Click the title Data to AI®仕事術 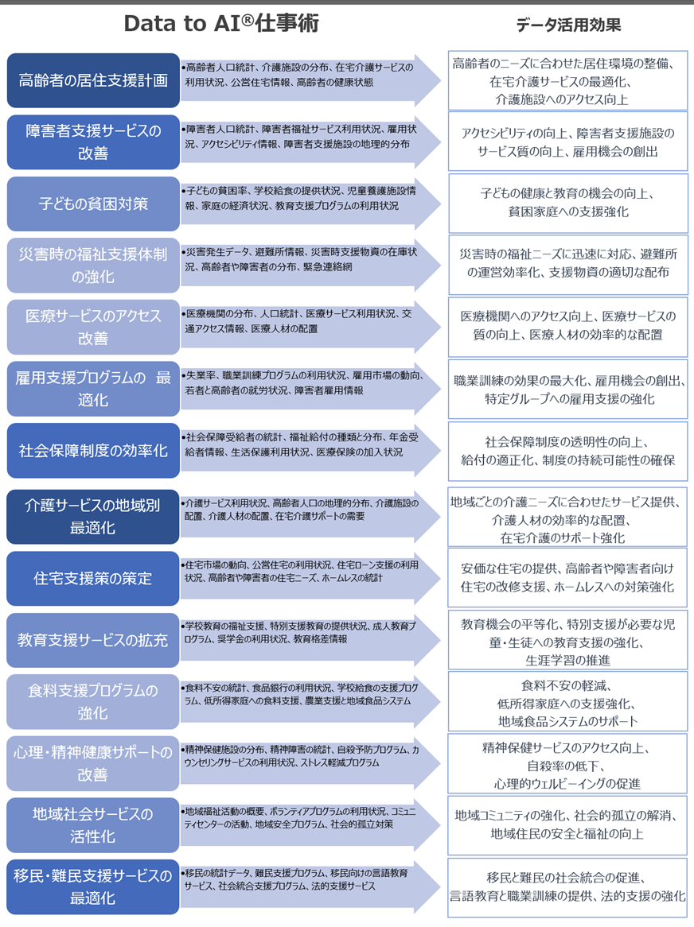[x=221, y=25]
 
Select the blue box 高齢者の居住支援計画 [x=93, y=80]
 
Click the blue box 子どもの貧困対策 [x=93, y=204]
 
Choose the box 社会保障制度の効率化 [x=93, y=451]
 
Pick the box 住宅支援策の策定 [x=93, y=578]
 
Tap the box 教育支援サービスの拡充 [x=93, y=640]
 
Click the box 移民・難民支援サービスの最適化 [x=93, y=887]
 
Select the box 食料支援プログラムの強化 [x=93, y=701]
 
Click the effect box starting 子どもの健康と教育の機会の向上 [x=567, y=203]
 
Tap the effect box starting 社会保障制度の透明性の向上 [x=567, y=451]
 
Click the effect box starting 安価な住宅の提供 [x=567, y=578]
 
